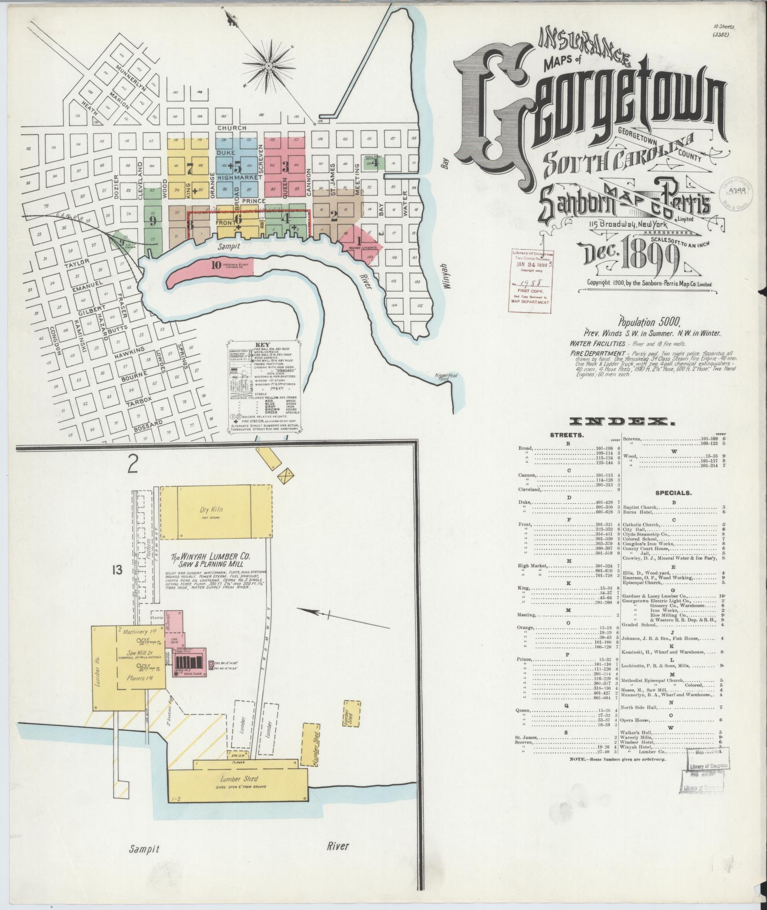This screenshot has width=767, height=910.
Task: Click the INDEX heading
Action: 621,421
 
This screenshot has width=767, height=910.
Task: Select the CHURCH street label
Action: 232,128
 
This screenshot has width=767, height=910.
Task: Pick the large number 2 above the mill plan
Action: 132,465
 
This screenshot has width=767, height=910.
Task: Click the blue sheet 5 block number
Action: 237,166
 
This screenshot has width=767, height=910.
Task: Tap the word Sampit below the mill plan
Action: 145,848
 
